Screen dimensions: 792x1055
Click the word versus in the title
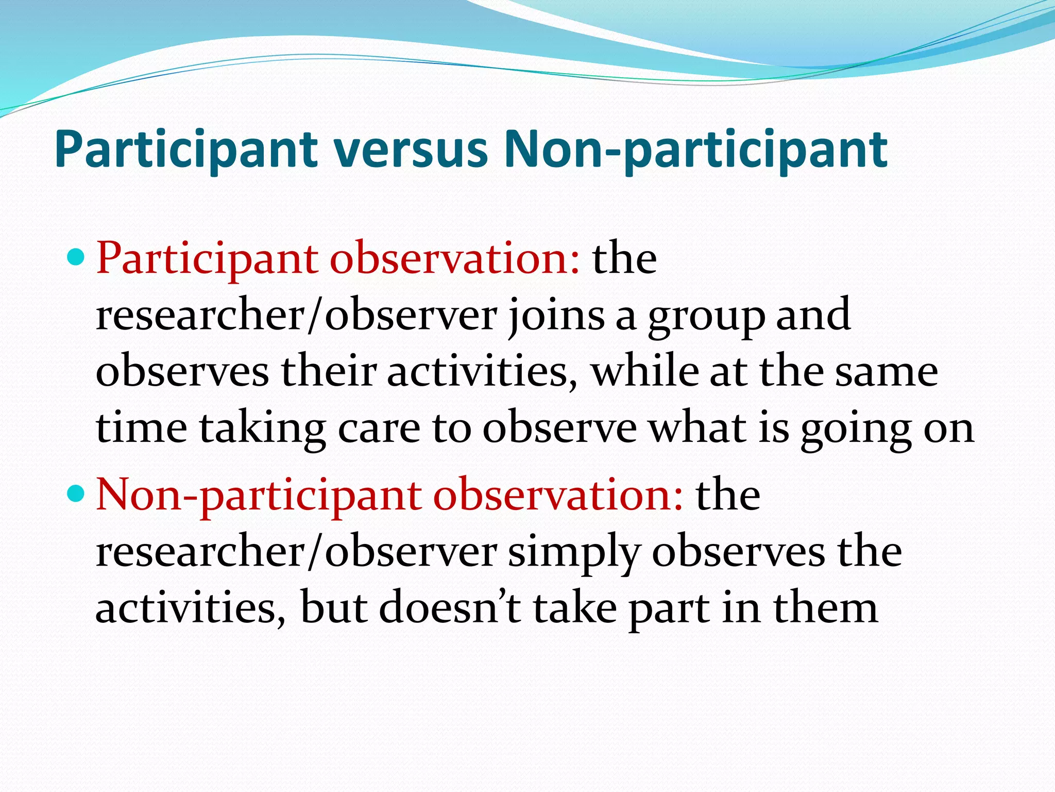tap(410, 150)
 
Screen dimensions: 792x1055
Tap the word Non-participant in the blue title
tap(695, 150)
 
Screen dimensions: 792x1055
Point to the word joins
tap(556, 316)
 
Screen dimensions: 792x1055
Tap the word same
tap(887, 372)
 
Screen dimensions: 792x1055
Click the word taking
tap(263, 430)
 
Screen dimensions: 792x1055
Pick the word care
tap(379, 430)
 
